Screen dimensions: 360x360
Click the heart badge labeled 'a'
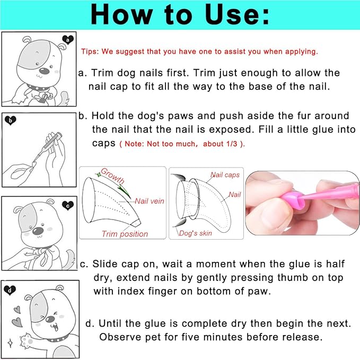pos(68,39)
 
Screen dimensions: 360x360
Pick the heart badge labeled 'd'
pos(10,290)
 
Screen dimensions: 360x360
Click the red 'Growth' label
pos(112,175)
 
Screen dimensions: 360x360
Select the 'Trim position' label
pos(125,234)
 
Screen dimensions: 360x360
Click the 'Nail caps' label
pos(225,175)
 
